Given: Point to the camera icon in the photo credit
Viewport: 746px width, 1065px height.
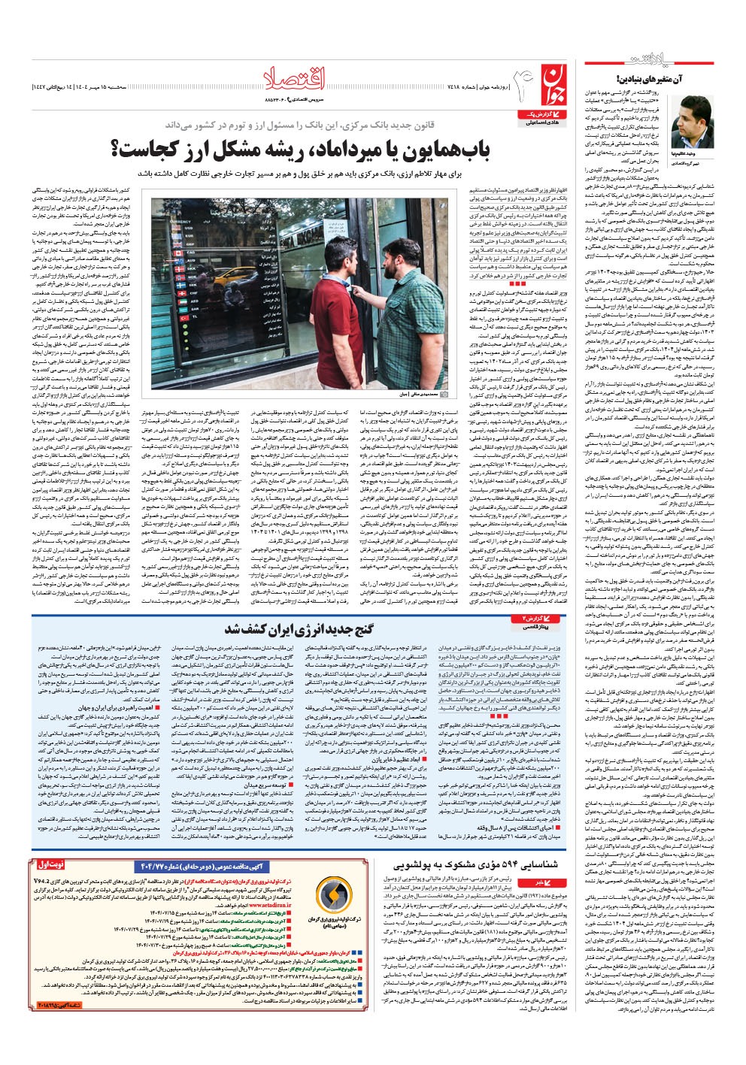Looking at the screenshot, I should [444, 394].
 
